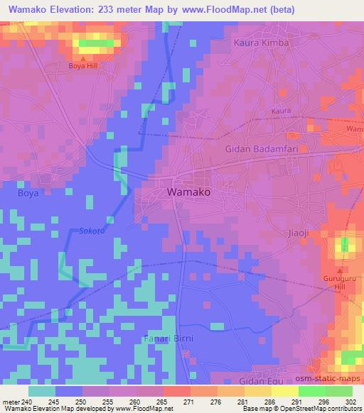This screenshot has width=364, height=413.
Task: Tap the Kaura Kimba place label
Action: pos(262,43)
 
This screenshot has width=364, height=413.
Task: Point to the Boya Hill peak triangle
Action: pos(83,59)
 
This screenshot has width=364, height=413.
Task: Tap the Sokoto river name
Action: pos(92,231)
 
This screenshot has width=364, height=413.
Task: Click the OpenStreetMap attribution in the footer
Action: pos(313,409)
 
